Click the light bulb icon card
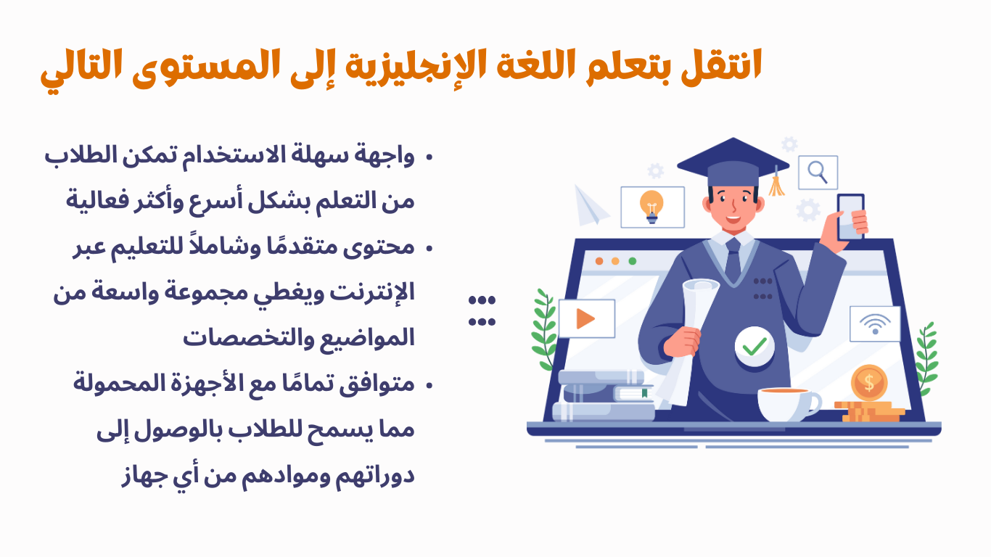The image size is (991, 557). pos(652,207)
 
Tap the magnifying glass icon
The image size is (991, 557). pos(818,173)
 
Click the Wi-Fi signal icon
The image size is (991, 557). pos(875,323)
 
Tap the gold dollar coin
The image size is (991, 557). pos(869,381)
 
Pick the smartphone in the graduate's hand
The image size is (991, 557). pos(851,216)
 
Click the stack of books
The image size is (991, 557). pos(602,396)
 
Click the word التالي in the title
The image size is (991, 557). pos(80,70)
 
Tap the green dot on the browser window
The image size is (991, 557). pos(633,260)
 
